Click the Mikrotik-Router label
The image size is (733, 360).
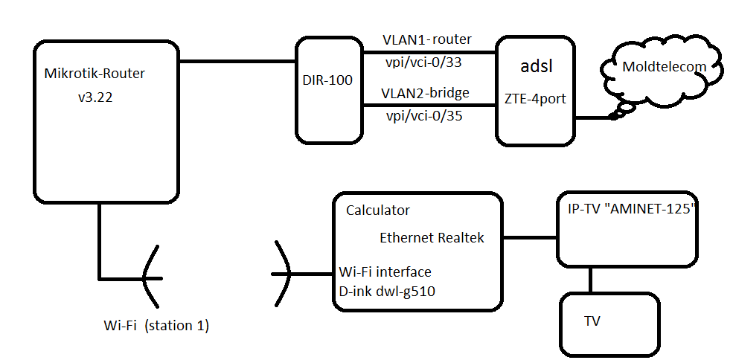tap(95, 73)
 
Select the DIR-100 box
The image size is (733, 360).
tap(327, 91)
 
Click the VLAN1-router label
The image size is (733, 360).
tap(426, 39)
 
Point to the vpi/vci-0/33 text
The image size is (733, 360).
tap(423, 62)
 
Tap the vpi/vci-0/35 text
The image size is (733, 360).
tap(423, 116)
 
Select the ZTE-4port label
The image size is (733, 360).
tap(536, 97)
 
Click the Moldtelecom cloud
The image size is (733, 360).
tap(664, 67)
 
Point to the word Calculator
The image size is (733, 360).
tap(378, 210)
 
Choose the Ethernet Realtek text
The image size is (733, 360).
tap(432, 238)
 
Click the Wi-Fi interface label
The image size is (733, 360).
tap(385, 271)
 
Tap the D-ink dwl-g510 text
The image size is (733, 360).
tap(386, 292)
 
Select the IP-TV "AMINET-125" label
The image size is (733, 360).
tap(627, 210)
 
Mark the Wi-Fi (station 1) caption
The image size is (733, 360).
tap(156, 325)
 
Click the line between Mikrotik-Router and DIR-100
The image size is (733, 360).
tap(237, 62)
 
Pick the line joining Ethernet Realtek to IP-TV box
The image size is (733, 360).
tap(529, 238)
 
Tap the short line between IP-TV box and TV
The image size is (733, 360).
tap(591, 280)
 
